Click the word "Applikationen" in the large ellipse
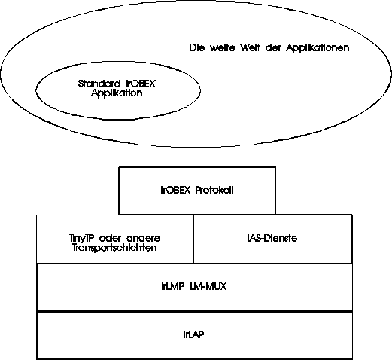(318, 47)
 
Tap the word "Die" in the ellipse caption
(196, 47)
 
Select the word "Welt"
(250, 47)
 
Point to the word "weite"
(222, 47)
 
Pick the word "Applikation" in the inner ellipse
(117, 93)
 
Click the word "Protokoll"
(214, 190)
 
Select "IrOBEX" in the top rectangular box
(175, 190)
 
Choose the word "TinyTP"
(81, 238)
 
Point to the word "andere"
(143, 238)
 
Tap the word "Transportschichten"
(114, 248)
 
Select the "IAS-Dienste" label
(272, 238)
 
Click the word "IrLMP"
(173, 286)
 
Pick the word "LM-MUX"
(208, 286)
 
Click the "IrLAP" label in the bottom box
(193, 334)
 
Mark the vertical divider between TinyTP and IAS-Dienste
(193, 239)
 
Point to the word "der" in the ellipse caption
(273, 47)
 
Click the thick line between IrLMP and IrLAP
(194, 311)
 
